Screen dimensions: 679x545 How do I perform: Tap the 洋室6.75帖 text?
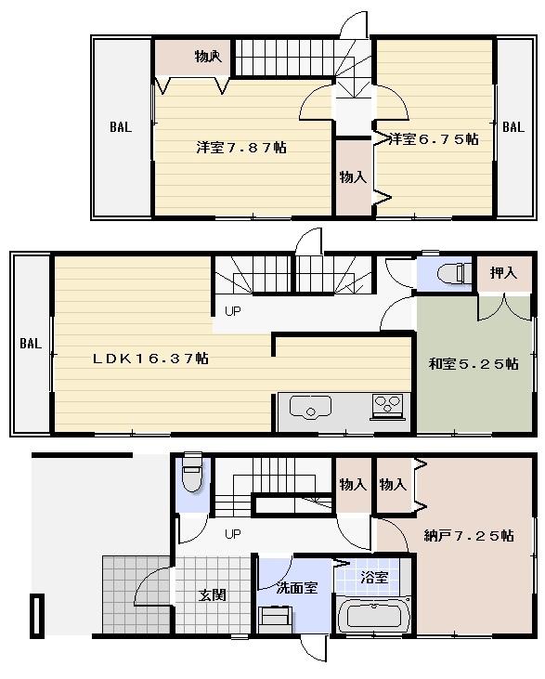433,139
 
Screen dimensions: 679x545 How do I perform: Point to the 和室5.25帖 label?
474,364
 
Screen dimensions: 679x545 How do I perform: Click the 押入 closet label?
504,273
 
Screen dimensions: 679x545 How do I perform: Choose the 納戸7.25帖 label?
469,536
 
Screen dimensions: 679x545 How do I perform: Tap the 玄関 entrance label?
212,594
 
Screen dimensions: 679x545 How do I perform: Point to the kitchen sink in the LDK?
310,406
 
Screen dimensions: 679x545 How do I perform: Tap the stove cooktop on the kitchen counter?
387,405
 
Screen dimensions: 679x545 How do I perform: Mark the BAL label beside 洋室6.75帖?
513,128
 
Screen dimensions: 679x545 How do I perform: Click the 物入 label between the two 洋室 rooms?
352,176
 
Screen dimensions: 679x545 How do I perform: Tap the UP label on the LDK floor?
232,312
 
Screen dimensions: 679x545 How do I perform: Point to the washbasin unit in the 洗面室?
276,617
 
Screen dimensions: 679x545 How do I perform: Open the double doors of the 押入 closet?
504,306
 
